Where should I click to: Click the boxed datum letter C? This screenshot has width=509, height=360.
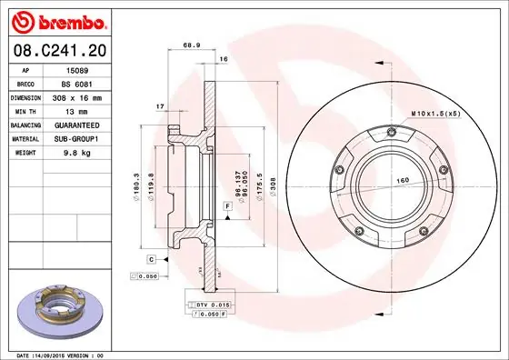pyautogui.click(x=151, y=260)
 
